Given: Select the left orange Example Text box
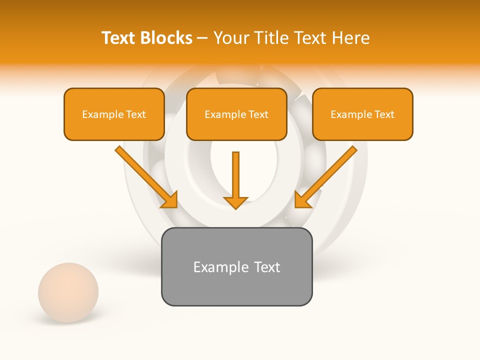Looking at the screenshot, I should (x=114, y=114).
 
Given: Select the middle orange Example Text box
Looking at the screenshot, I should (x=236, y=114).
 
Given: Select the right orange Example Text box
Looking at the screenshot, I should (x=362, y=114).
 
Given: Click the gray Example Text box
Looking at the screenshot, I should (x=236, y=266).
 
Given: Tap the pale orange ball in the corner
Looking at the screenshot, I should (x=68, y=292).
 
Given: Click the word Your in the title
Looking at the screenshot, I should (x=232, y=38).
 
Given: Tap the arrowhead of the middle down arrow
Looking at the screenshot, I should (x=235, y=202).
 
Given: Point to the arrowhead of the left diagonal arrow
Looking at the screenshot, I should (x=170, y=200).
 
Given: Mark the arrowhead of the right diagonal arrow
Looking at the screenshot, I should (x=302, y=200).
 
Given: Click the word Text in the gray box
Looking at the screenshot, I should (x=267, y=267).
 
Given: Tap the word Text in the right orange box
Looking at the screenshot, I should (x=384, y=114).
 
